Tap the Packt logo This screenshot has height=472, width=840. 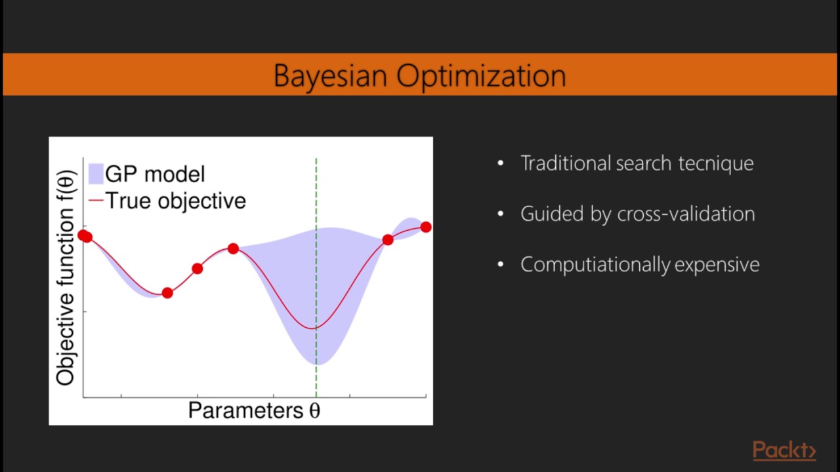tap(784, 450)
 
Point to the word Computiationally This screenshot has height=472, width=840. tap(595, 264)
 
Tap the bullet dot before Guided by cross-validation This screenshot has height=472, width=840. tap(501, 214)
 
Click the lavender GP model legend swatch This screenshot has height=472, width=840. tap(96, 174)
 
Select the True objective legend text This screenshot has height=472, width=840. tap(175, 201)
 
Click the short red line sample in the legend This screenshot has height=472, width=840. tap(96, 201)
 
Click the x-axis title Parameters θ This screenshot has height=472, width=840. tap(254, 410)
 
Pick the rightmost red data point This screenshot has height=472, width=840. tap(426, 227)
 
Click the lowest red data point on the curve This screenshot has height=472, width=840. tap(167, 293)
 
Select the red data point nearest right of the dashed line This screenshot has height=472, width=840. tap(388, 240)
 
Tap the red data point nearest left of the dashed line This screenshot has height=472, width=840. tap(233, 248)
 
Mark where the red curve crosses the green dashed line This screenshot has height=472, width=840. tap(316, 328)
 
